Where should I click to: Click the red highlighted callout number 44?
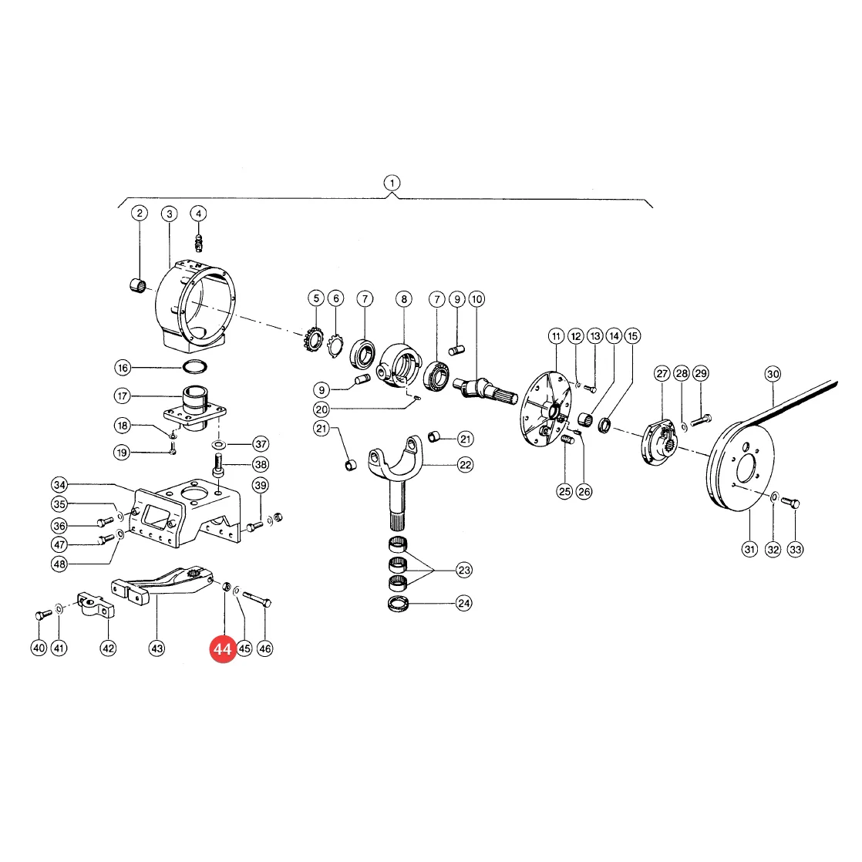223,649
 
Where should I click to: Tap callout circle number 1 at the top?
392,183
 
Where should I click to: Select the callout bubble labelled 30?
773,375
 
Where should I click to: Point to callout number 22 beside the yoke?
466,465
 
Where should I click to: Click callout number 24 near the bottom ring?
464,604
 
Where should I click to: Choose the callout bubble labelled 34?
59,485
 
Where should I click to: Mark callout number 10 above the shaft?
476,300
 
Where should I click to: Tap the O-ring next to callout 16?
194,365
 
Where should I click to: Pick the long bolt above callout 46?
257,598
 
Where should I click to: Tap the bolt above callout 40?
43,614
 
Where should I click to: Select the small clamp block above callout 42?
95,604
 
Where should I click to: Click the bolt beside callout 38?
218,465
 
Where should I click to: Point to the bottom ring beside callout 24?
398,604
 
